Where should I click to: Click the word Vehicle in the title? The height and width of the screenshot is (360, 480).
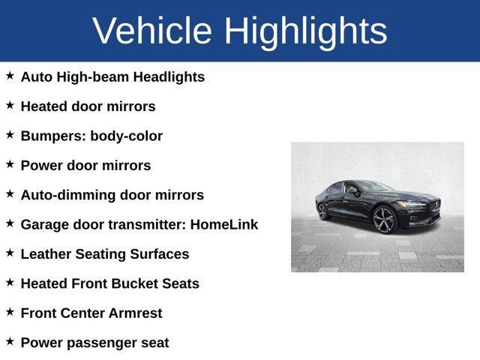153,31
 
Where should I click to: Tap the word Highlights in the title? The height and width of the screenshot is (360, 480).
306,31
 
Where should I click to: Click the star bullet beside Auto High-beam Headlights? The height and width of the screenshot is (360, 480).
10,76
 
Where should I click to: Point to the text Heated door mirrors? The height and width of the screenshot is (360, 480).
88,106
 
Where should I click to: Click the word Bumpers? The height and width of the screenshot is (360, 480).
52,136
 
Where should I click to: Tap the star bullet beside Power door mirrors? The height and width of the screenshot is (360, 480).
10,164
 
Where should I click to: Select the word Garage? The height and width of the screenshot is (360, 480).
46,224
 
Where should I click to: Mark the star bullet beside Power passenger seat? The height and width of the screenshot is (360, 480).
10,341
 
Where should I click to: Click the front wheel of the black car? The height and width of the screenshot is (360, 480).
385,219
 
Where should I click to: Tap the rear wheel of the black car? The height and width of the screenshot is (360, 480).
323,211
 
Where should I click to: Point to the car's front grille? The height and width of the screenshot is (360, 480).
433,205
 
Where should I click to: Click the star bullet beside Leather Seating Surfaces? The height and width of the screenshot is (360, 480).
10,253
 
